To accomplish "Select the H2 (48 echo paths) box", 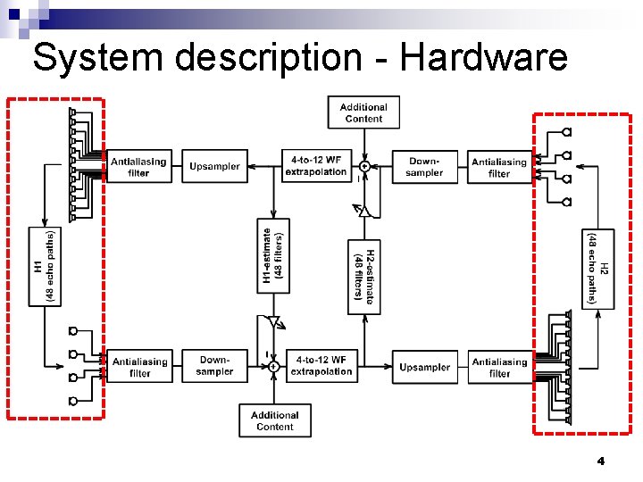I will [x=597, y=268].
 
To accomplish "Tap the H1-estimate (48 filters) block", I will [x=274, y=255].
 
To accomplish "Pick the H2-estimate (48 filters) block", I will [x=363, y=277].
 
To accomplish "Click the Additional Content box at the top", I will [x=363, y=112].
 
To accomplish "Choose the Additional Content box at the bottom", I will [x=274, y=420].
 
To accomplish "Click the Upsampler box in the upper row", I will [x=214, y=167].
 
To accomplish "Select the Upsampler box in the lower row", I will [x=424, y=367].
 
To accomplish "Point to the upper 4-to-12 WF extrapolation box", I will [x=315, y=167].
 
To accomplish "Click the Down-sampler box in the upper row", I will [x=424, y=167].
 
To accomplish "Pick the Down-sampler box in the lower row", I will [x=214, y=366].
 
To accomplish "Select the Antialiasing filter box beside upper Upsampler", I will [x=138, y=167].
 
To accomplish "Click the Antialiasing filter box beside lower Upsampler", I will [x=499, y=367].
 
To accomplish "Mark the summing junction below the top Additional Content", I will [x=363, y=166].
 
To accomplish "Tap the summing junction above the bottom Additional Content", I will [x=274, y=366].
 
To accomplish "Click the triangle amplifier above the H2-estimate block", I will [x=363, y=212].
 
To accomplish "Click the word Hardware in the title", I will [x=483, y=58].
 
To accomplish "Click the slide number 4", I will [x=600, y=461].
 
